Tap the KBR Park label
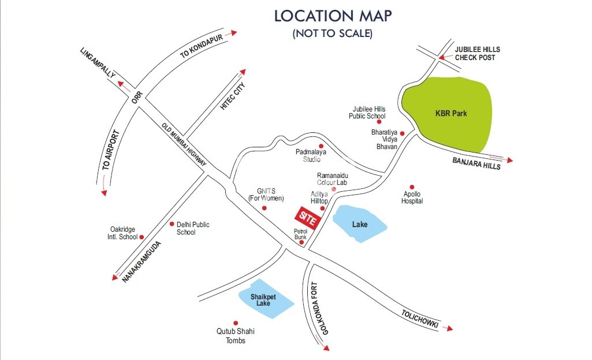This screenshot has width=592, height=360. pos(451,114)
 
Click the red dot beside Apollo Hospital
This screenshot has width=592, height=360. pos(412,187)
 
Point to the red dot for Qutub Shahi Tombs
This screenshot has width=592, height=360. pos(235,323)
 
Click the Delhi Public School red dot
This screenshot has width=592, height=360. pos(172,224)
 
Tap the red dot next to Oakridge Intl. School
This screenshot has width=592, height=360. pos(142,236)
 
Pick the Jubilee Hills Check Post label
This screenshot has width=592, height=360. pos(477,54)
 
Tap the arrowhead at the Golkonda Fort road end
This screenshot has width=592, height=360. pos(326,348)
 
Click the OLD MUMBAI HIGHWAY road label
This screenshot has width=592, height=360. pos(184,146)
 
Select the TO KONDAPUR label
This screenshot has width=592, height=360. pos(200,46)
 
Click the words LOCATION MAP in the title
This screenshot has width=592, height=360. pos(332,16)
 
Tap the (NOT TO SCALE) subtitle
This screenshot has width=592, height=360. pos(332,34)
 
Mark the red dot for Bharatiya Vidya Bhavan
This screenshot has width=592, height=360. pos(403,133)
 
